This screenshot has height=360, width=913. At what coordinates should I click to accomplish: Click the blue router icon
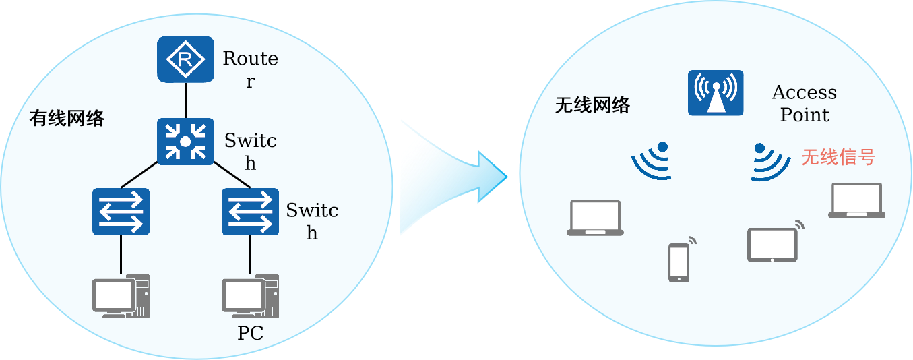pyautogui.click(x=185, y=60)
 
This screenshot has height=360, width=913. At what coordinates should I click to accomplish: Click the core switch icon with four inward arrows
pyautogui.click(x=185, y=142)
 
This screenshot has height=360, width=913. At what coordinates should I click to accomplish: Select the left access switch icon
pyautogui.click(x=121, y=211)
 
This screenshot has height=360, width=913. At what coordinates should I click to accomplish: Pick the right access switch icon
pyautogui.click(x=250, y=211)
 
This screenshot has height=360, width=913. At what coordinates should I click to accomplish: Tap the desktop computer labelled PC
pyautogui.click(x=250, y=296)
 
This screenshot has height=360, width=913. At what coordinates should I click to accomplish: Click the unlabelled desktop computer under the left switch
pyautogui.click(x=121, y=296)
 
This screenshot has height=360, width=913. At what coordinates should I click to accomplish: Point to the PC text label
pyautogui.click(x=250, y=333)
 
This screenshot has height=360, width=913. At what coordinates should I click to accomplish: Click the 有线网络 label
pyautogui.click(x=67, y=119)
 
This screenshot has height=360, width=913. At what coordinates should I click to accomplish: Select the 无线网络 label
pyautogui.click(x=592, y=105)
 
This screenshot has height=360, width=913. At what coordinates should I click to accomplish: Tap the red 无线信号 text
pyautogui.click(x=838, y=157)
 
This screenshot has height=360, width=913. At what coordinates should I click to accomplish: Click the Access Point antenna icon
pyautogui.click(x=715, y=92)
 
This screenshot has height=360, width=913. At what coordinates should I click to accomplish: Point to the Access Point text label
pyautogui.click(x=805, y=103)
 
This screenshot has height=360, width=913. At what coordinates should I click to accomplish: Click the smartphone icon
pyautogui.click(x=679, y=262)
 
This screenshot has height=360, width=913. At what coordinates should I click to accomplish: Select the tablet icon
pyautogui.click(x=772, y=245)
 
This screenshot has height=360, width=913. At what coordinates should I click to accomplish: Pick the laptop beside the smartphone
pyautogui.click(x=595, y=218)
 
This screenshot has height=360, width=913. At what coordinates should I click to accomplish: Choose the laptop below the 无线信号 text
pyautogui.click(x=856, y=201)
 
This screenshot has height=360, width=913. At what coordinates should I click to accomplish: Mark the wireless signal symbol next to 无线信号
pyautogui.click(x=769, y=162)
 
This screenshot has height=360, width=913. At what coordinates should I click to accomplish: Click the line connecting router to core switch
pyautogui.click(x=185, y=100)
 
